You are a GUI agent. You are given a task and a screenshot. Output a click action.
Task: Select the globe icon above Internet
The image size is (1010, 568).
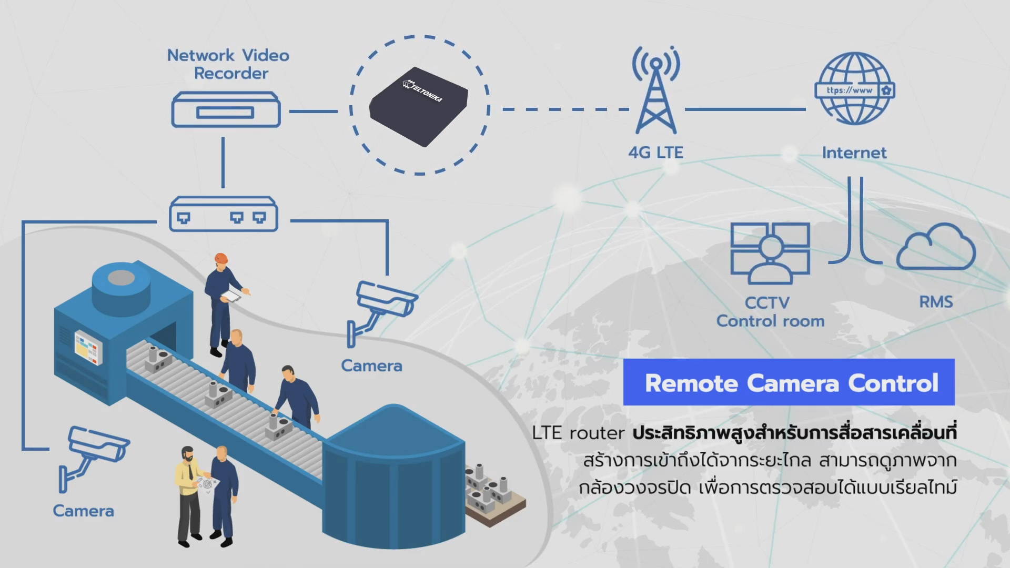pos(854,88)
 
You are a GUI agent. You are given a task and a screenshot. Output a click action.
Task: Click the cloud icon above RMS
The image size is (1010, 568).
pos(936,248)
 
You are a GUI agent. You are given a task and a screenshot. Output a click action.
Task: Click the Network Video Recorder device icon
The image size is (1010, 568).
pos(226,110)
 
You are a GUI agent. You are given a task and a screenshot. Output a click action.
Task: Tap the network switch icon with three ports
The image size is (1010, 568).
pos(223,215)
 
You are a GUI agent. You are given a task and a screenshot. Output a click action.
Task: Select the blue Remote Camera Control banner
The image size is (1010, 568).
pos(789,382)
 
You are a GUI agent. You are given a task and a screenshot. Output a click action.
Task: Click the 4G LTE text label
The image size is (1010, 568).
pos(655,153)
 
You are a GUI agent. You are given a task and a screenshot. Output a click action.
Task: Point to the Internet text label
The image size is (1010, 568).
pos(854,153)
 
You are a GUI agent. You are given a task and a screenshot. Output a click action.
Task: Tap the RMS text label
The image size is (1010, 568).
pos(936,302)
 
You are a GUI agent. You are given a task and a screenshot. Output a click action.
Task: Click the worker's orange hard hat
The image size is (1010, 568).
pos(221,258)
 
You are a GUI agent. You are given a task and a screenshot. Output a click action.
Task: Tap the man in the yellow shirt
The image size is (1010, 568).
pos(187,492)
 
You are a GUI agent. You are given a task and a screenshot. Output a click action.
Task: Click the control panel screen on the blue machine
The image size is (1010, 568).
pos(88,347)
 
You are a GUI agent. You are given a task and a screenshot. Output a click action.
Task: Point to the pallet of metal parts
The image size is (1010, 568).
pos(492,494)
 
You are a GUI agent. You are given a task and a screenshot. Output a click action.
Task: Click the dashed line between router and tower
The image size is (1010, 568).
pos(565,109)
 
